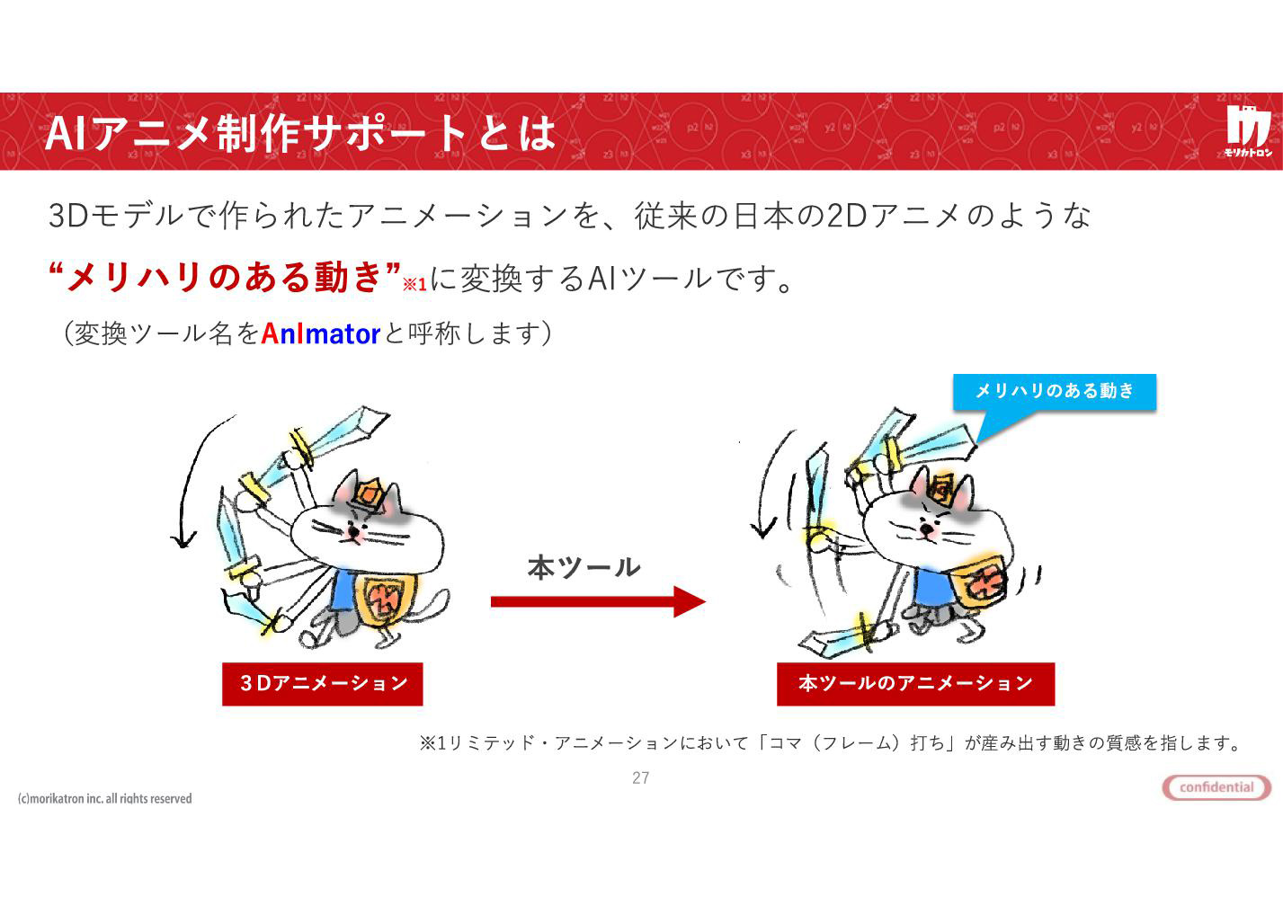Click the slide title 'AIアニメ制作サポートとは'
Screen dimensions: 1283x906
(x=299, y=133)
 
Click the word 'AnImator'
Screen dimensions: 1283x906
(x=320, y=333)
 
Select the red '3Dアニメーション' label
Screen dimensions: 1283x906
(x=323, y=684)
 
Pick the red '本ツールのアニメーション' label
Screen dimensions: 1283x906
(x=915, y=684)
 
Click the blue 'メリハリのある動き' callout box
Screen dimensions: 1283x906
(x=1055, y=392)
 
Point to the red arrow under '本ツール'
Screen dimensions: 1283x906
(x=598, y=601)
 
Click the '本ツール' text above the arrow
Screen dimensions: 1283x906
(x=584, y=567)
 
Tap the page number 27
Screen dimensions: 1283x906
(x=640, y=777)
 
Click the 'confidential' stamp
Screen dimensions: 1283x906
(x=1216, y=786)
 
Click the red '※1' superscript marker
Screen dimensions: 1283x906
(x=414, y=284)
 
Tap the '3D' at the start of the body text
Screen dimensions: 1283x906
(x=68, y=216)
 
